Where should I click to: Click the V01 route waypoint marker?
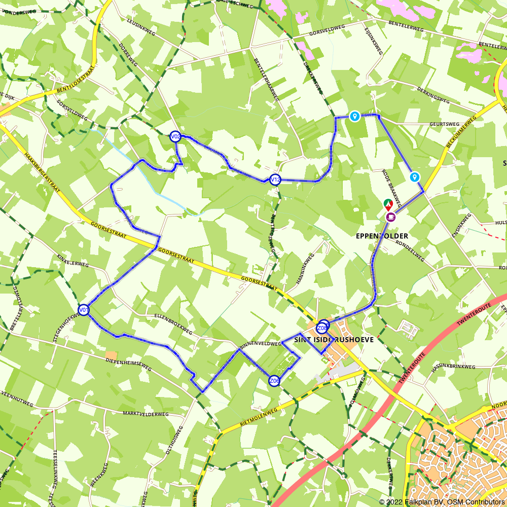click(84, 310)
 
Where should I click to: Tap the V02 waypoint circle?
click(175, 136)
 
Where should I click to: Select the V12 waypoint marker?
click(275, 179)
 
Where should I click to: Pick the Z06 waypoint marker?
click(274, 381)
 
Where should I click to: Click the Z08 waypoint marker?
click(321, 328)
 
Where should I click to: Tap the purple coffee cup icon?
click(390, 216)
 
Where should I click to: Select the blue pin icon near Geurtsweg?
click(355, 117)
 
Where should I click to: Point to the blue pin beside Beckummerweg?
click(415, 177)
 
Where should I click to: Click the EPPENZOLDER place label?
click(389, 236)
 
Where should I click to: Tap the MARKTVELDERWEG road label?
click(146, 414)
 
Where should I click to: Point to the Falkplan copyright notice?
click(442, 502)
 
